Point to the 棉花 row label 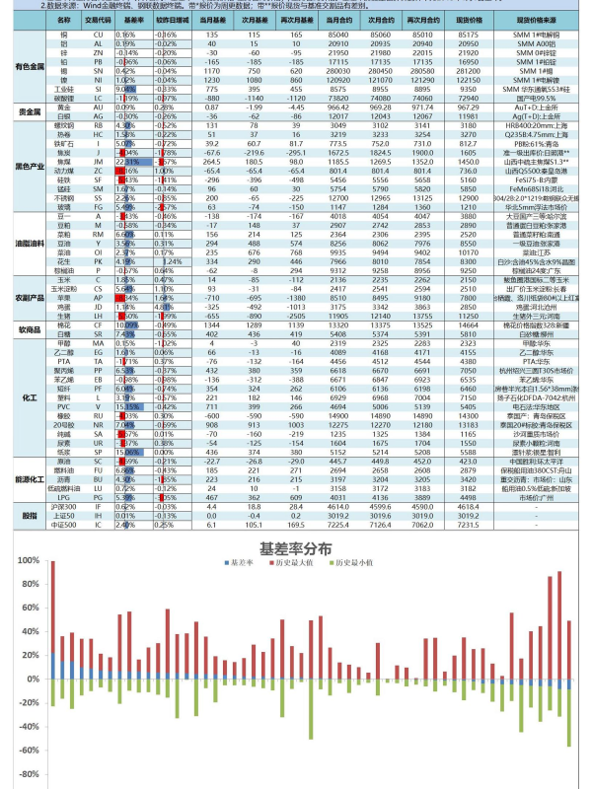coord(63,324)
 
